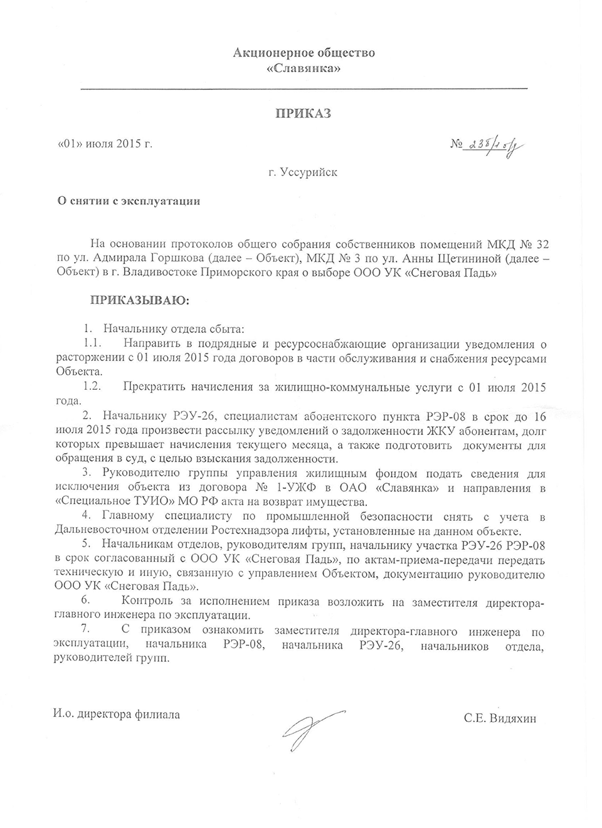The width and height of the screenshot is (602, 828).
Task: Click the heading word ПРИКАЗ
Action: (x=304, y=113)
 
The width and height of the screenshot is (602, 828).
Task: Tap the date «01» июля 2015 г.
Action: (x=105, y=144)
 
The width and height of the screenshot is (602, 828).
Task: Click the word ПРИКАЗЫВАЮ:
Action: (x=140, y=300)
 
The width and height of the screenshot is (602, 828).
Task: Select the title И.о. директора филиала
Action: (x=117, y=714)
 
